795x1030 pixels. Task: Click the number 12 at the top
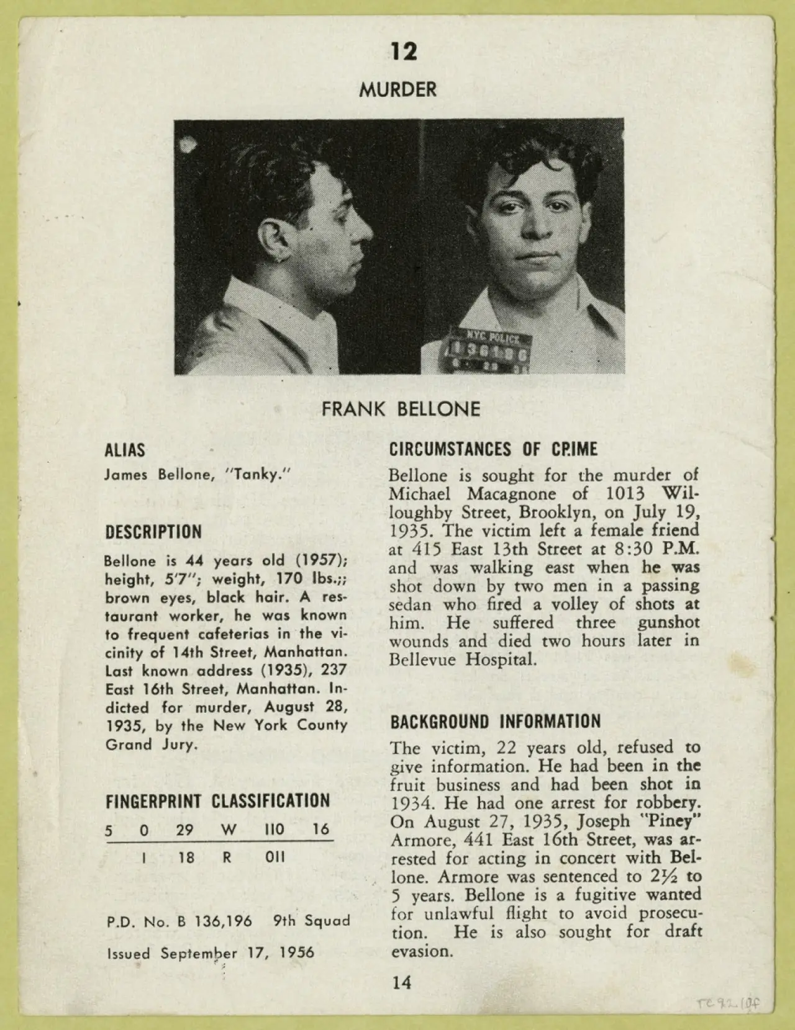point(404,52)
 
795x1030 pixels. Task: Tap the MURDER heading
point(397,89)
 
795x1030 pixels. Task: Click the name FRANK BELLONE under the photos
point(401,410)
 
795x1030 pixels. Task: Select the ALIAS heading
point(124,450)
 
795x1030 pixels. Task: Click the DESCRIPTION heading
point(153,532)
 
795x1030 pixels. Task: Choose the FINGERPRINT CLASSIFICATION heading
point(217,800)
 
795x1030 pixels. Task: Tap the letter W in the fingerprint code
point(227,830)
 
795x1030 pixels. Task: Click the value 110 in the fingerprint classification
point(274,830)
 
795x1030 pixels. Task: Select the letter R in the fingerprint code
point(227,858)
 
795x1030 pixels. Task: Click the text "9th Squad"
point(311,921)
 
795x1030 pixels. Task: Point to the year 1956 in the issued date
point(296,952)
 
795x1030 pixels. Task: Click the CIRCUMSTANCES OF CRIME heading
point(493,449)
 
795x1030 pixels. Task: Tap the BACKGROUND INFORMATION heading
point(496,722)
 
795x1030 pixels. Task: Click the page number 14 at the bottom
point(401,982)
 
